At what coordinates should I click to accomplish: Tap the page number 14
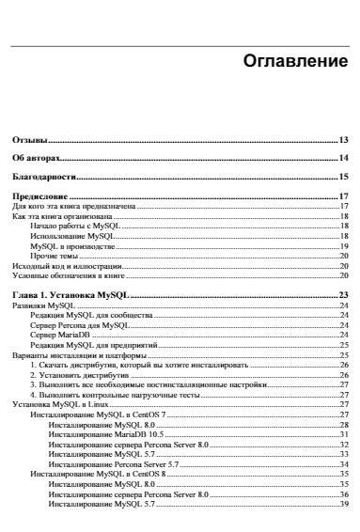tap(344, 158)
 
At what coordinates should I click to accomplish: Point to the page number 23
tap(344, 295)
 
